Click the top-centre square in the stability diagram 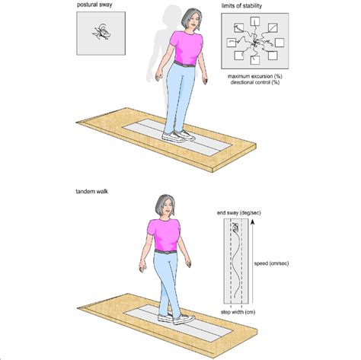251,24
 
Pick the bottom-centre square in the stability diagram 251,65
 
